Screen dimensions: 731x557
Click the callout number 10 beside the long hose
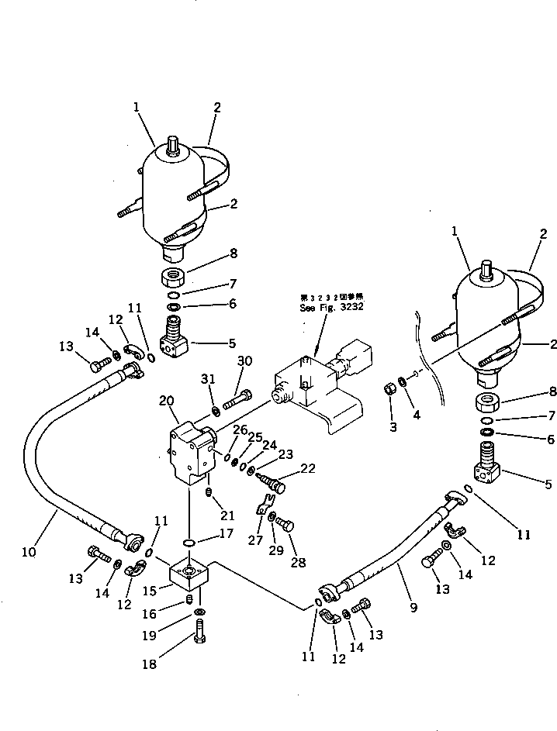point(29,552)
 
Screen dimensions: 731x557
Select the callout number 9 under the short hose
point(413,608)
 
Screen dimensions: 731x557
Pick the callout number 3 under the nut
point(392,426)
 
